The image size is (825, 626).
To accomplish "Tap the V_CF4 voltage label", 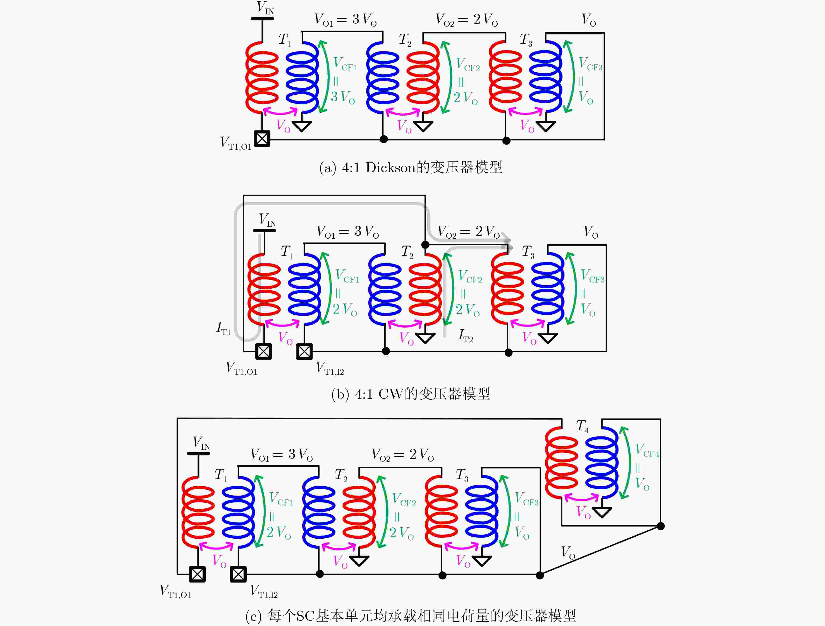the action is point(647,451).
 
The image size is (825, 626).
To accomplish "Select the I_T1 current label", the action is point(223,328).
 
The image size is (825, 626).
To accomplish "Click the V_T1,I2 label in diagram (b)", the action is point(330,368).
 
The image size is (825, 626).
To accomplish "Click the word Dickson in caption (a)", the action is point(390,168).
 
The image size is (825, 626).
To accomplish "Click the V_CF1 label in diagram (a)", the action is point(345,64).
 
